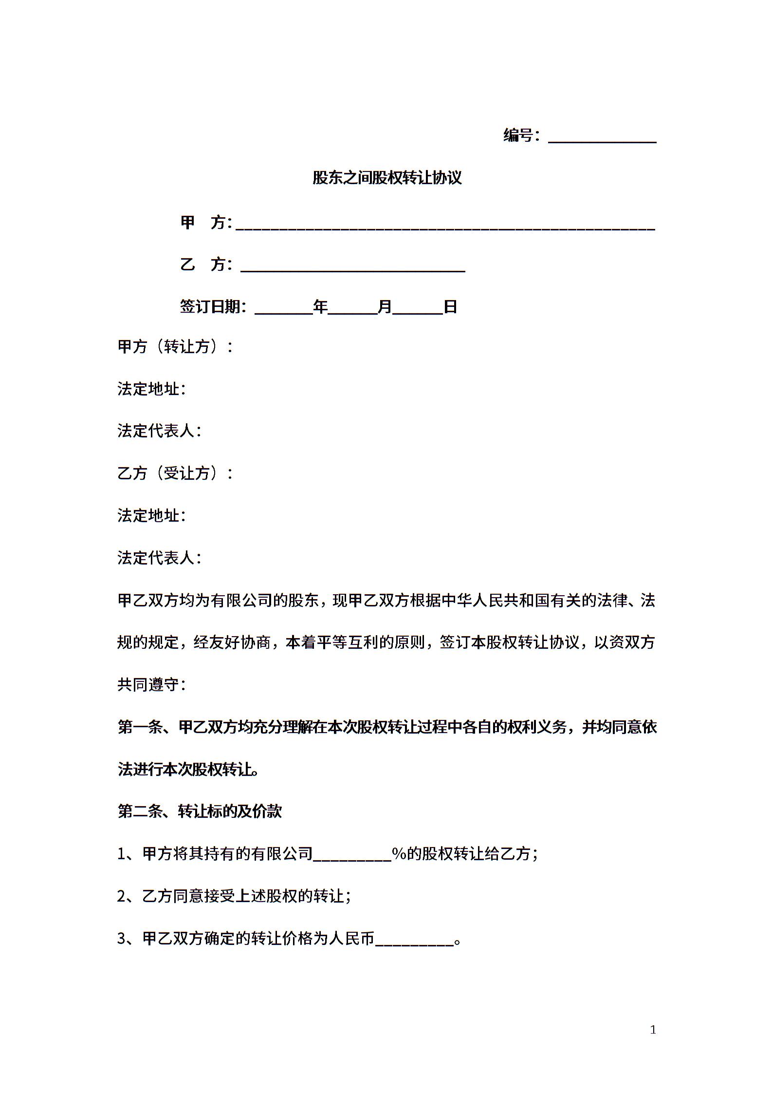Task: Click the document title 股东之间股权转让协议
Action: (386, 178)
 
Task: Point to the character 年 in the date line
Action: (320, 307)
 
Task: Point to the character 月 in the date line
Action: (385, 307)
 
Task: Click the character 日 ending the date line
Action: (450, 307)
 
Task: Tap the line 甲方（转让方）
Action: (175, 347)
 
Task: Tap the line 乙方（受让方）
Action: (175, 473)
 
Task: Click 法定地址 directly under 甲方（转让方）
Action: (151, 389)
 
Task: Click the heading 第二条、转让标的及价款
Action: (200, 811)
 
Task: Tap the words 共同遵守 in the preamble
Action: (148, 685)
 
